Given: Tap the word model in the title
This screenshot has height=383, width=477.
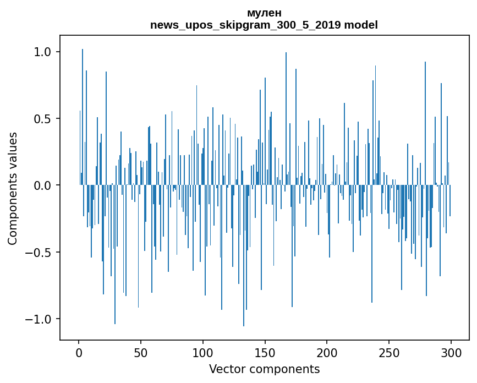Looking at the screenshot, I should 361,25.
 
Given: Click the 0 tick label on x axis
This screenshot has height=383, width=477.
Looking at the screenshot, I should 79,353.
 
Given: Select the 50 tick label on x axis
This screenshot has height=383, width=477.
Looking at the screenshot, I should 141,353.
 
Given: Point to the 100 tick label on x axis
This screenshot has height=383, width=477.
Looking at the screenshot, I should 203,353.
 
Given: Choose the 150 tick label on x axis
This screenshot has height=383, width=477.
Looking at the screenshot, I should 265,353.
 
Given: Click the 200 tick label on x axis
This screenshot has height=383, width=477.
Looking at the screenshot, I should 327,353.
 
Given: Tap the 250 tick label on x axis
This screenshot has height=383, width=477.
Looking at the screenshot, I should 389,353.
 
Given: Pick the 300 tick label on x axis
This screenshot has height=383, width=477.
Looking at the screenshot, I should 451,353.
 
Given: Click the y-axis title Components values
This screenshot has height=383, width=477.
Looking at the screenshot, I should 13,188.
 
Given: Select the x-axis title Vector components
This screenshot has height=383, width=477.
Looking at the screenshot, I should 264,369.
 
